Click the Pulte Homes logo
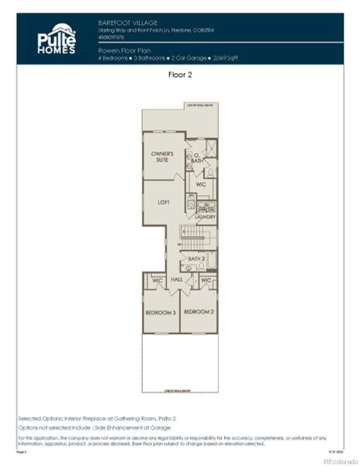pyautogui.click(x=56, y=38)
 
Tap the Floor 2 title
pyautogui.click(x=179, y=75)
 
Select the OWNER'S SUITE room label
pyautogui.click(x=162, y=156)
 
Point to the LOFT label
pyautogui.click(x=163, y=202)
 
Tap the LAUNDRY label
pyautogui.click(x=206, y=217)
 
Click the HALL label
pyautogui.click(x=176, y=280)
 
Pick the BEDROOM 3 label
pyautogui.click(x=161, y=312)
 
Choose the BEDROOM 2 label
pyautogui.click(x=198, y=312)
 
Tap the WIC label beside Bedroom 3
pyautogui.click(x=157, y=280)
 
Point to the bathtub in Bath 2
pyautogui.click(x=211, y=259)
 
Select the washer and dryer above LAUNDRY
pyautogui.click(x=206, y=207)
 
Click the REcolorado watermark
pyautogui.click(x=340, y=460)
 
